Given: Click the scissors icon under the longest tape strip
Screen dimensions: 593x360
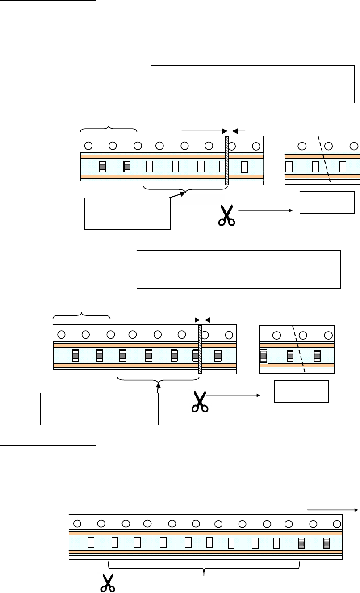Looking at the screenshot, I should click(x=107, y=582).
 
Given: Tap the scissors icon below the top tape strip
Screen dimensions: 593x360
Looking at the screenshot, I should click(x=227, y=215).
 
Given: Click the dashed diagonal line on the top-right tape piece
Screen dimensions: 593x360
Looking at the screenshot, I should click(x=324, y=159).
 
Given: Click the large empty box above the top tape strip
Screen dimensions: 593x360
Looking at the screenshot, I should click(x=252, y=84).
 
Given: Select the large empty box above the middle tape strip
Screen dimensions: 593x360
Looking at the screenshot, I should click(x=238, y=269).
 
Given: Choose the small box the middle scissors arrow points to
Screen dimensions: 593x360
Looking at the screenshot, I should click(x=301, y=391).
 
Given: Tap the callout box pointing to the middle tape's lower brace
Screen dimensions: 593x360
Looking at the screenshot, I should click(x=99, y=408).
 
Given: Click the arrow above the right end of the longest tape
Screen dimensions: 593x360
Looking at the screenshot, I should click(x=332, y=509).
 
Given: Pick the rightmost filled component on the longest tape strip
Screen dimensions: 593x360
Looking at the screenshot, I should click(x=327, y=543).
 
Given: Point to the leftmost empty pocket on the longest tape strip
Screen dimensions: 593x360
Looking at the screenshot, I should click(x=91, y=543).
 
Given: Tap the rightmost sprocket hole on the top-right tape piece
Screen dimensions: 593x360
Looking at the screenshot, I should click(x=355, y=146).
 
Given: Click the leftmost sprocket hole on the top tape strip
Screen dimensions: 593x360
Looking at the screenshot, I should click(x=88, y=145).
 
